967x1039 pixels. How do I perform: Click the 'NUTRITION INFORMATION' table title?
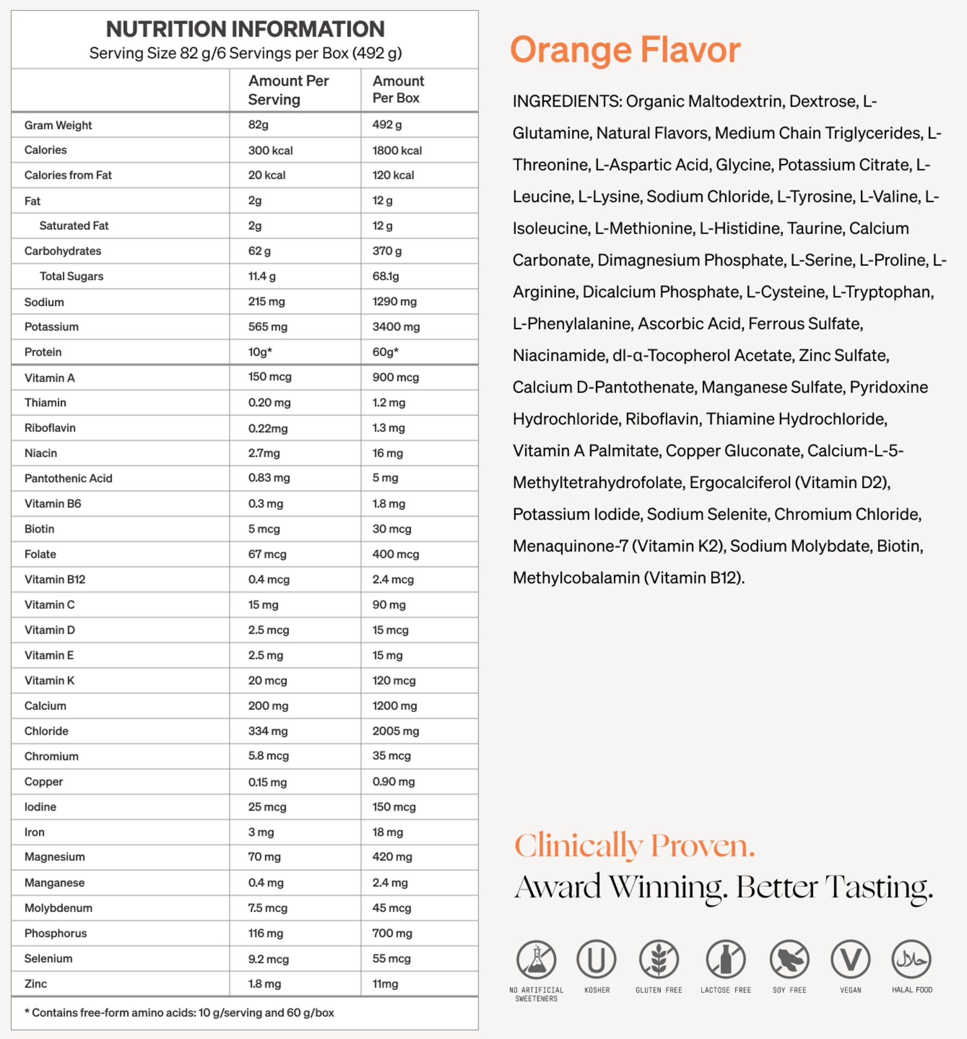pyautogui.click(x=245, y=29)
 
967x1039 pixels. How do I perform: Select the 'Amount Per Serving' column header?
pyautogui.click(x=288, y=90)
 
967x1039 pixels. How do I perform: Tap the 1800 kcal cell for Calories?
pyautogui.click(x=397, y=150)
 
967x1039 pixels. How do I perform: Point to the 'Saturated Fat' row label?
pyautogui.click(x=74, y=226)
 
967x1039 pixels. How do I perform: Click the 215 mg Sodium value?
pyautogui.click(x=266, y=301)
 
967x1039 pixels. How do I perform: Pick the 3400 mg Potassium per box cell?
pyautogui.click(x=395, y=327)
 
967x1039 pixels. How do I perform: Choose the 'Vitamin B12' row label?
pyautogui.click(x=55, y=580)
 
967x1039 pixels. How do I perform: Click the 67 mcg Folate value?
pyautogui.click(x=267, y=555)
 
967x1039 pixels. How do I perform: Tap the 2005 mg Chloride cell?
pyautogui.click(x=395, y=731)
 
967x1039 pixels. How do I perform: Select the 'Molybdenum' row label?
pyautogui.click(x=58, y=908)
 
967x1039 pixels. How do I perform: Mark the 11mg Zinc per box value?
pyautogui.click(x=385, y=984)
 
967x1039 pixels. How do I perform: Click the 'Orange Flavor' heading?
pyautogui.click(x=625, y=50)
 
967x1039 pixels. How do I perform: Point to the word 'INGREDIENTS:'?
pyautogui.click(x=567, y=102)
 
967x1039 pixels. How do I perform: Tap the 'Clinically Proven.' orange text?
pyautogui.click(x=635, y=846)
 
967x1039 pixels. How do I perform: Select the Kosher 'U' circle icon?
pyautogui.click(x=596, y=960)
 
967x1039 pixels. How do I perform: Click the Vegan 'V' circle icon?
pyautogui.click(x=850, y=960)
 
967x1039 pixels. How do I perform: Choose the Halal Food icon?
pyautogui.click(x=912, y=960)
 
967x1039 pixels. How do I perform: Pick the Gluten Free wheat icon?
pyautogui.click(x=658, y=960)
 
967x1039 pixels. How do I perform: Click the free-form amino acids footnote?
pyautogui.click(x=179, y=1013)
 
